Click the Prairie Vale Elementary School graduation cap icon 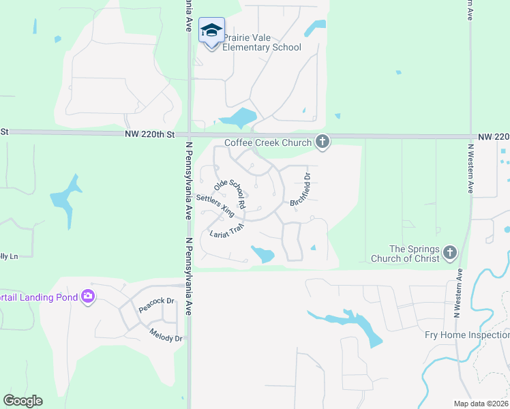[x=211, y=31]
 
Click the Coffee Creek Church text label [x=269, y=143]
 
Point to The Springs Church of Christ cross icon [x=449, y=253]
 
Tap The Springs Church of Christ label [x=406, y=254]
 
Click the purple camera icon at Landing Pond [x=88, y=296]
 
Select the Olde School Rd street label [x=229, y=194]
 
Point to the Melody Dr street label [x=166, y=334]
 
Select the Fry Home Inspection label [x=466, y=335]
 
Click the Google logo [x=22, y=401]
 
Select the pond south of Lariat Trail [x=262, y=254]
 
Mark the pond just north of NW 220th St [x=239, y=119]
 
